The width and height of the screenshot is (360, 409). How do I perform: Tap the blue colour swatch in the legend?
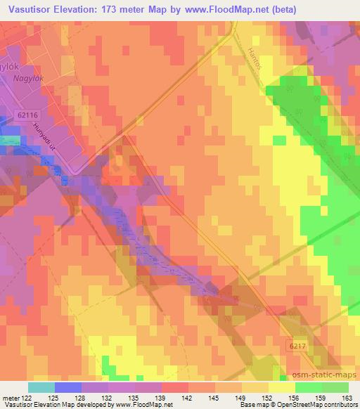67,387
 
